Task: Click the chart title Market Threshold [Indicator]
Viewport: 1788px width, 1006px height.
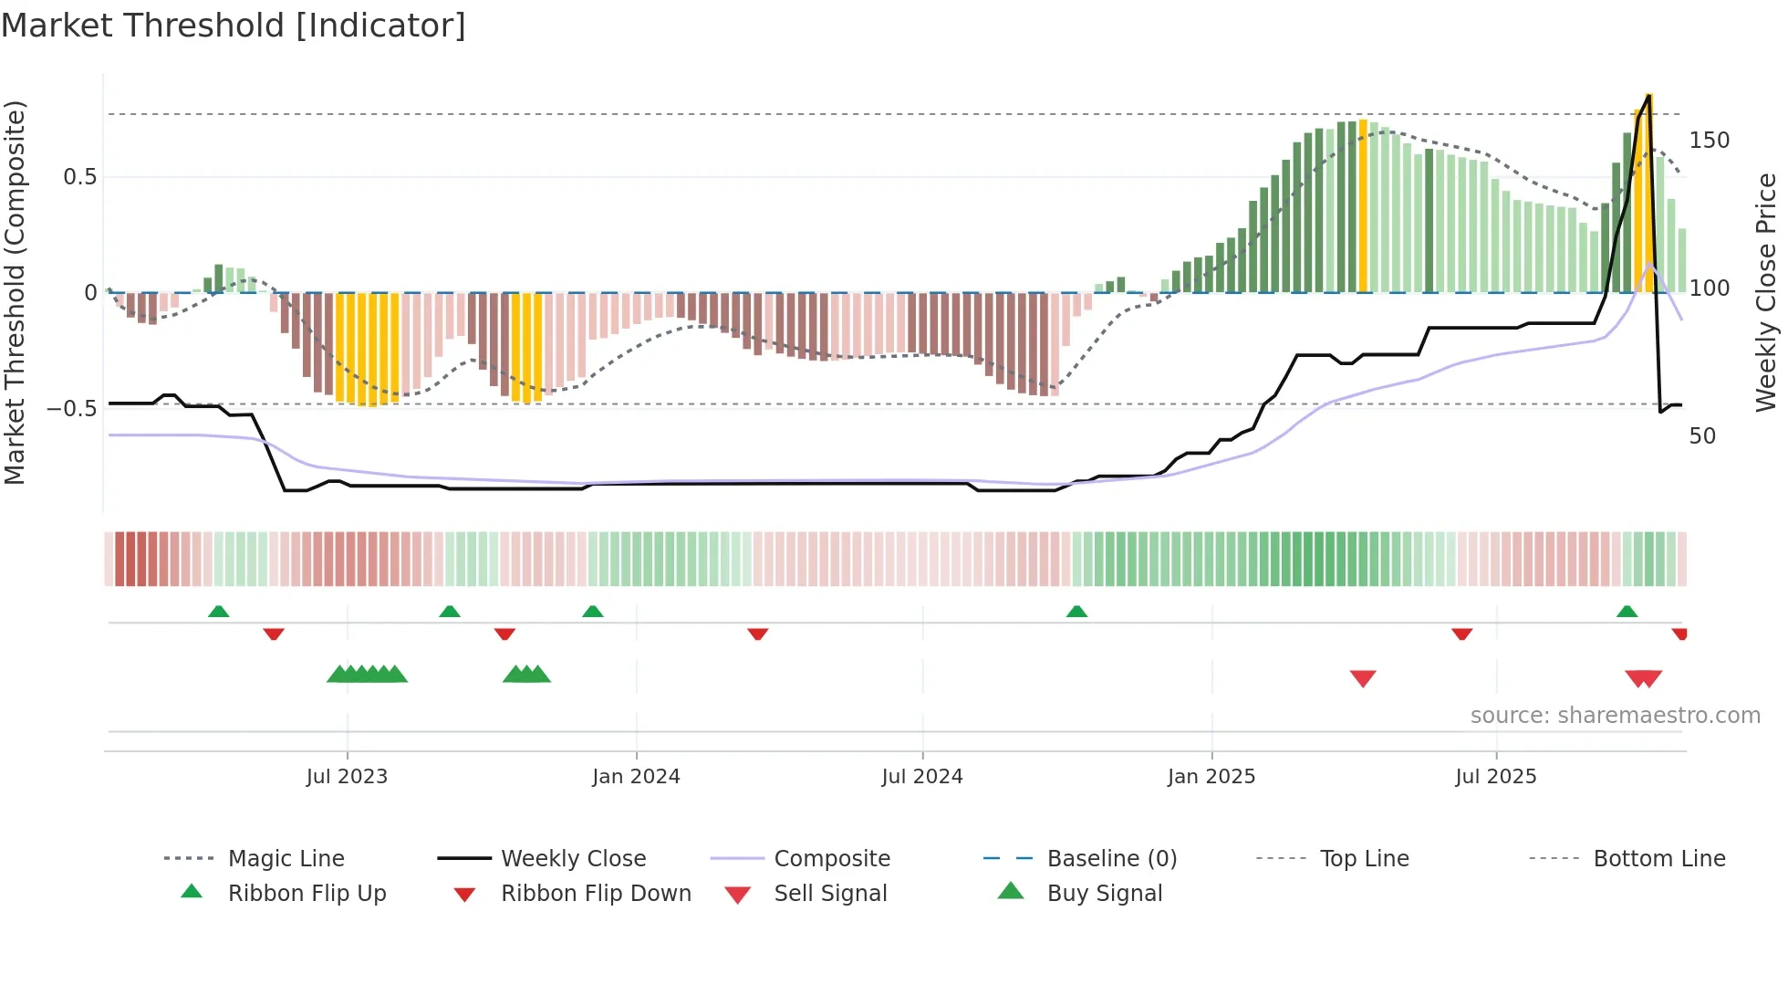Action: click(234, 26)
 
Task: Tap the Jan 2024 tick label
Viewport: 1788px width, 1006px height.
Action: click(636, 777)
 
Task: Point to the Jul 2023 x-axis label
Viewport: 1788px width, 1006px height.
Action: click(347, 777)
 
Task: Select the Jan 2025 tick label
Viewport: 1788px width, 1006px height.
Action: click(1211, 777)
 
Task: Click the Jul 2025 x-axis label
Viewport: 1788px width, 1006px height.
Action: click(1496, 777)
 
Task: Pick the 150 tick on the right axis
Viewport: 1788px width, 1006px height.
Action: click(1709, 141)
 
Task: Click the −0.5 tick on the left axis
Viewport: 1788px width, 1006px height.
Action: click(71, 408)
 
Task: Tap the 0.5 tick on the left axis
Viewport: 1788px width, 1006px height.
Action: click(79, 177)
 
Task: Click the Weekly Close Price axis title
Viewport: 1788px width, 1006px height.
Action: click(1766, 292)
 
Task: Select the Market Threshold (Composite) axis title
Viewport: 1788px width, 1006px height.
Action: click(15, 292)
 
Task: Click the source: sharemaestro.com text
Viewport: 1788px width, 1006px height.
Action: click(1615, 716)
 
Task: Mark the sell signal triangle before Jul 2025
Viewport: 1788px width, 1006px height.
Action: click(1363, 678)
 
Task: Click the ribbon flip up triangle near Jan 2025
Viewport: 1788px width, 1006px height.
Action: click(1076, 612)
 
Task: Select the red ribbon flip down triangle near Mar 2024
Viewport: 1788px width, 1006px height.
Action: click(757, 634)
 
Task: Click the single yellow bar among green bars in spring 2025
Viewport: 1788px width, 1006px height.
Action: click(1363, 205)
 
